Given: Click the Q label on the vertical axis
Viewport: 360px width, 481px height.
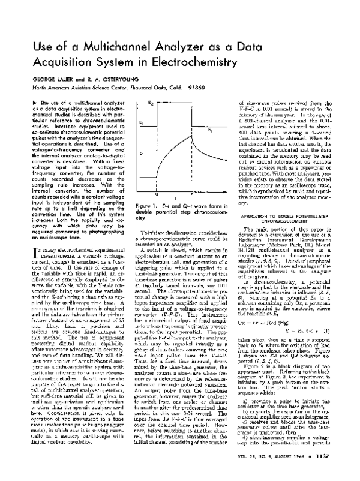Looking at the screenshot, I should pos(142,153).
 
